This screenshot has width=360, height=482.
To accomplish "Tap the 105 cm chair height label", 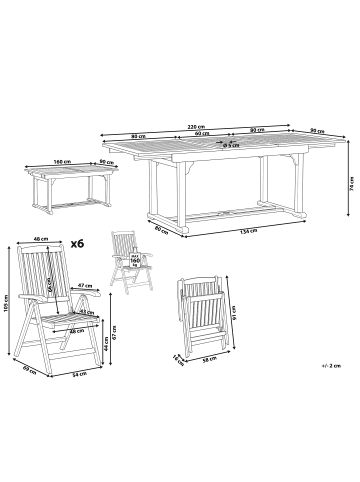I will coord(7,301).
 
